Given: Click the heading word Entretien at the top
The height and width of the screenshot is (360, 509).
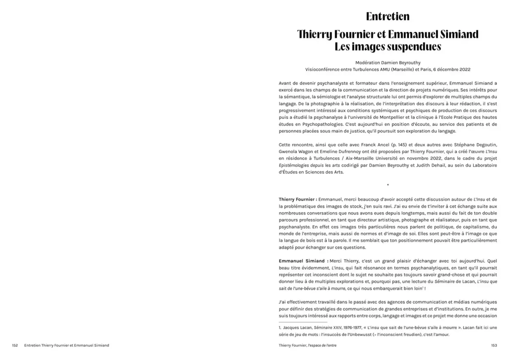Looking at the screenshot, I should click(x=388, y=17).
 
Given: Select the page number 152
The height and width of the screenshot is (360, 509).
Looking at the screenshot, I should click(x=15, y=346).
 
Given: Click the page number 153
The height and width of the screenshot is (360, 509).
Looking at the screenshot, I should click(x=494, y=346).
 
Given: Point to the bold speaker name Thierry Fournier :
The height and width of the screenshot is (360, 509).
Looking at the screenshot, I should click(x=298, y=199).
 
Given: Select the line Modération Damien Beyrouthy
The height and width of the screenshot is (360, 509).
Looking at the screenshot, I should click(x=388, y=62).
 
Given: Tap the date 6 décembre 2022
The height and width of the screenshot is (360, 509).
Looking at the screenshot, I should click(x=450, y=69).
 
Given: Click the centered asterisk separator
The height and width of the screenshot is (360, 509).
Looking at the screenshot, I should click(x=388, y=185).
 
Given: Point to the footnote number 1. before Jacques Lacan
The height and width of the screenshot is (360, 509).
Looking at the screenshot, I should click(x=280, y=328).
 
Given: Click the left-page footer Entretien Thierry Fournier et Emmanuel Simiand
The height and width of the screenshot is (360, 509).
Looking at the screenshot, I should click(x=67, y=346).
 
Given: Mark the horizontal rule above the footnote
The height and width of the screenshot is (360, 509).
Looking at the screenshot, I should click(x=303, y=322).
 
